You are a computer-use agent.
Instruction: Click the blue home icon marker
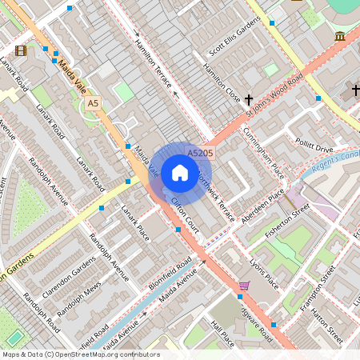click(180, 172)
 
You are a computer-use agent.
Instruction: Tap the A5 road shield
click(94, 103)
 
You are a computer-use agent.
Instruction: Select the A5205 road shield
click(199, 152)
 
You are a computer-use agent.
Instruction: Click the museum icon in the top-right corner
click(340, 37)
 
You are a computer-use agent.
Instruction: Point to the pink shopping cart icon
click(244, 286)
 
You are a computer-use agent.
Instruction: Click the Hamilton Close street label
click(222, 82)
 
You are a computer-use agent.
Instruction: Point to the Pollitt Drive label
click(314, 148)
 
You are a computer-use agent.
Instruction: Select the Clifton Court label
click(185, 210)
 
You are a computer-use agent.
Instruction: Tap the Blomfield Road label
click(170, 273)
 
